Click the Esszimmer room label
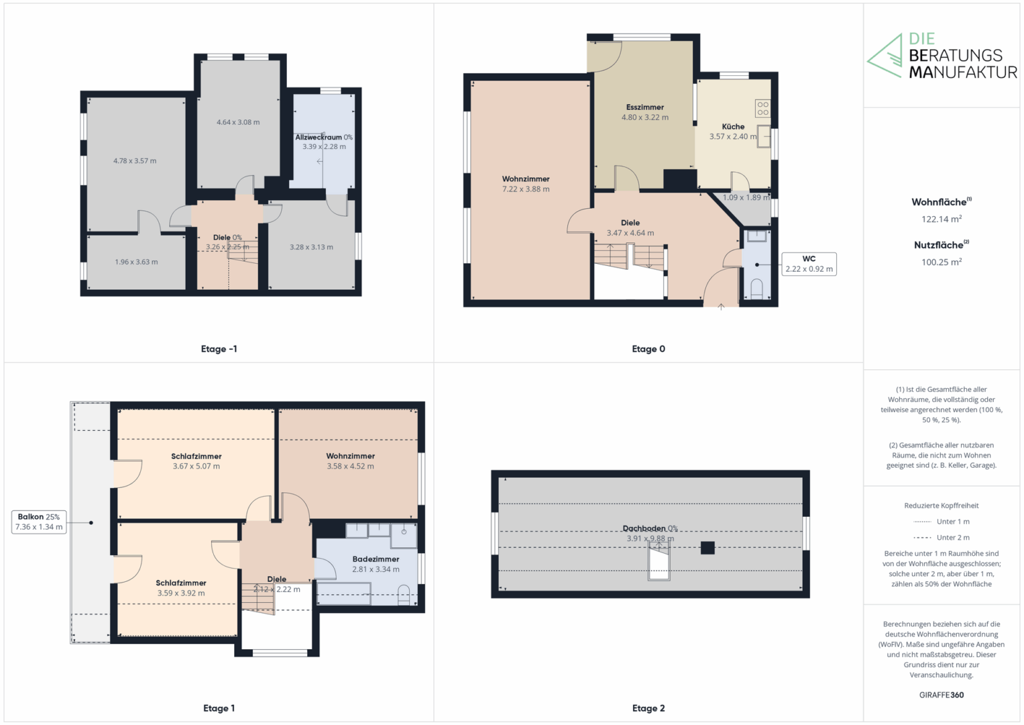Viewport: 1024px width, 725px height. click(644, 107)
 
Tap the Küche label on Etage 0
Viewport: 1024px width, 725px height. click(733, 126)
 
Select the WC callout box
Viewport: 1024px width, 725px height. click(809, 264)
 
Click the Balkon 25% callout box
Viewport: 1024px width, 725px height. click(39, 522)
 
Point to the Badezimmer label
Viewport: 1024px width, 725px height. click(376, 559)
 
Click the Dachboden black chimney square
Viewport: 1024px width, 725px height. click(707, 548)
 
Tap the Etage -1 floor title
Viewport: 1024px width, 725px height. click(219, 349)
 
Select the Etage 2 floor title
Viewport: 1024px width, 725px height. click(648, 708)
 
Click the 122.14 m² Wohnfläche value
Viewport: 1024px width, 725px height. click(942, 219)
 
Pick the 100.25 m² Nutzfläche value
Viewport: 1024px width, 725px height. click(942, 262)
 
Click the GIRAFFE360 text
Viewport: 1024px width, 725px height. click(942, 695)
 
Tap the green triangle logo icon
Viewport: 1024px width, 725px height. click(885, 56)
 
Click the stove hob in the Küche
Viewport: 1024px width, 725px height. click(762, 108)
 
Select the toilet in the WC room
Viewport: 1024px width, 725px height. click(756, 289)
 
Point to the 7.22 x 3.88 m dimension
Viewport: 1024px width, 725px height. click(526, 189)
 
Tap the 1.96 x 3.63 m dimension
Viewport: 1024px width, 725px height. click(136, 262)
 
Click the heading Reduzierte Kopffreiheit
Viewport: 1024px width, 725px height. click(942, 505)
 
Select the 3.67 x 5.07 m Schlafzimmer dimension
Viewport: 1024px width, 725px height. click(196, 466)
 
